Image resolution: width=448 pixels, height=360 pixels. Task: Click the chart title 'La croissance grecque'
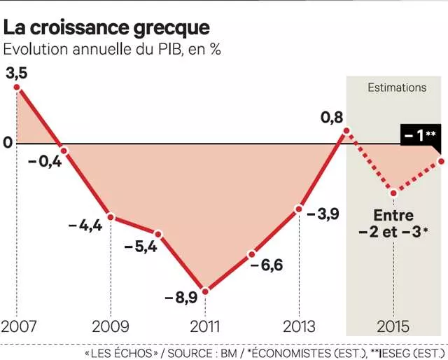coord(106,27)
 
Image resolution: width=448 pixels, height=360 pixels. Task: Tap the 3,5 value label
coord(15,74)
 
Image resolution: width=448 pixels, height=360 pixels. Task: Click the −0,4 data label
coord(45,162)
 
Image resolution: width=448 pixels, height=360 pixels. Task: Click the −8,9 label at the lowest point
coord(181,298)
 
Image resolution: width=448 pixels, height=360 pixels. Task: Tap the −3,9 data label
coord(323,214)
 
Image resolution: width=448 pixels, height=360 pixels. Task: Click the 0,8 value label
coord(332,118)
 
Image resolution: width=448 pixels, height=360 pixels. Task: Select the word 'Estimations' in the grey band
coord(397,88)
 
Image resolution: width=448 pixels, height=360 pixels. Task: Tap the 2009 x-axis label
coord(111,327)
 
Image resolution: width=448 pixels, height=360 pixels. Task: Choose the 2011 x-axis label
coord(205,327)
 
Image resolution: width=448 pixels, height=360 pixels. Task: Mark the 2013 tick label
coord(299,327)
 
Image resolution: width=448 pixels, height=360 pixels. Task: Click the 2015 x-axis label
coord(393,327)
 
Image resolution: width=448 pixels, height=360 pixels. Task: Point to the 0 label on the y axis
coord(8,143)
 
